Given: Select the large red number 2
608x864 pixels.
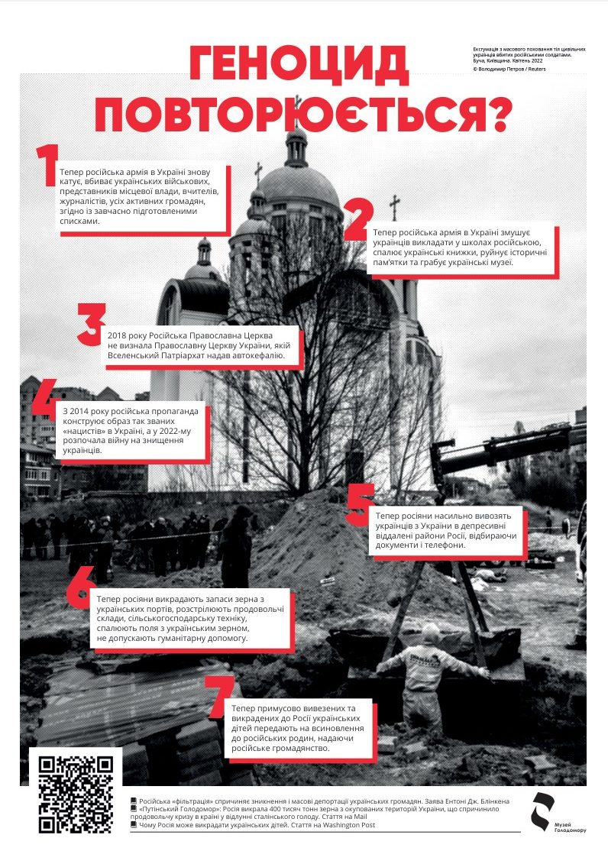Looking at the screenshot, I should coord(358,220).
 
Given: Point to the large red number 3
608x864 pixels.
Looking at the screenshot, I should coord(92,325).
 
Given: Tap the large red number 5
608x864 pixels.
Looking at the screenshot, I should coord(358,504).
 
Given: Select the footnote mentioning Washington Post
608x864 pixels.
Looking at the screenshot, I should coord(252,825).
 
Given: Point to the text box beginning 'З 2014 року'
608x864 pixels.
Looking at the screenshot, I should coord(134,431).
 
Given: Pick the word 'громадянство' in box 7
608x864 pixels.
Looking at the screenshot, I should coord(299,748).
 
